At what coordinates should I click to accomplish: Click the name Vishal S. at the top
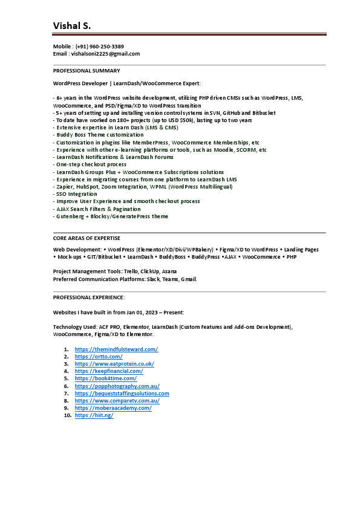point(72,25)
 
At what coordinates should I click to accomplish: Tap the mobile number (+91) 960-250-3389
point(100,47)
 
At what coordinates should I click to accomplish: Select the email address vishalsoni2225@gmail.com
point(104,54)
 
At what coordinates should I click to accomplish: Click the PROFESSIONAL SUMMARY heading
point(87,71)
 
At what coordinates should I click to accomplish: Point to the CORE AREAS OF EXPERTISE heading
point(87,238)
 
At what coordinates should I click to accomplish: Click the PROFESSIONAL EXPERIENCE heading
point(89,297)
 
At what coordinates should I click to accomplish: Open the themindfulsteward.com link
point(116,349)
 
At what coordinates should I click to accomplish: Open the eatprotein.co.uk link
point(114,364)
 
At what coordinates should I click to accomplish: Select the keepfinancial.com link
point(109,371)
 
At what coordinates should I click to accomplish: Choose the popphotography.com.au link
point(117,386)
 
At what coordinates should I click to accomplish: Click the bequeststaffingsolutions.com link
point(122,394)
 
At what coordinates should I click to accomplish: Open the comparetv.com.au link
point(117,401)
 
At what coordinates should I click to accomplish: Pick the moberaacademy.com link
point(113,408)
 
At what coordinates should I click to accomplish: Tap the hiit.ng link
point(94,415)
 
